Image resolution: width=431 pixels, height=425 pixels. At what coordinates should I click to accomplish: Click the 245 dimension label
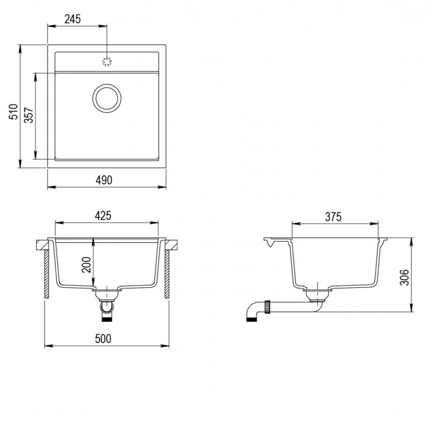[x=72, y=19]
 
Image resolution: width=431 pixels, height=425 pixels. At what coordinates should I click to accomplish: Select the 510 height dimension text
[x=13, y=112]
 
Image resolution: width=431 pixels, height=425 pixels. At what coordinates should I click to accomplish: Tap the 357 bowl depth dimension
[x=29, y=115]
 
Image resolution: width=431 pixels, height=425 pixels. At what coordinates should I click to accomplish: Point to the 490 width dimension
[x=104, y=180]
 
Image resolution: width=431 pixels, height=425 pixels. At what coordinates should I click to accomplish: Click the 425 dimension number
[x=103, y=216]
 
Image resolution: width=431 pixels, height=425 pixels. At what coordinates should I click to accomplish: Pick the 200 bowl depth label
[x=86, y=265]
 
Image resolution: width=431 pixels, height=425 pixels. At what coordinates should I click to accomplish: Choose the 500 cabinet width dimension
[x=103, y=339]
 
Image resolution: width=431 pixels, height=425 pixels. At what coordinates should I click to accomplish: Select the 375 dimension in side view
[x=333, y=217]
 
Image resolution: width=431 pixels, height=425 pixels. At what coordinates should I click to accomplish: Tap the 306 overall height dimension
[x=404, y=277]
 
